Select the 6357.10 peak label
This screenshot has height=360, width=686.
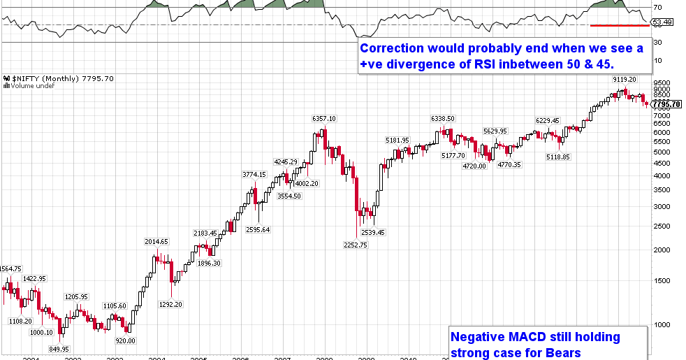tap(326, 119)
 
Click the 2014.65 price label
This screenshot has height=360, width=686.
tap(156, 242)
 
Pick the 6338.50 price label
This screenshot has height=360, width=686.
tap(443, 119)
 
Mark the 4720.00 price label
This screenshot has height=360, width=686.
tap(474, 166)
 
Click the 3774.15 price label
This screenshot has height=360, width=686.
tap(254, 174)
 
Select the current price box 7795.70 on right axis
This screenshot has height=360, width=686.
tap(666, 104)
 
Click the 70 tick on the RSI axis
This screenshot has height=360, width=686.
tap(657, 8)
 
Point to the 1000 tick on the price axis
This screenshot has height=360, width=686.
tap(661, 324)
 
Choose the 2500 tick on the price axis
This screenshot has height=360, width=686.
tap(661, 226)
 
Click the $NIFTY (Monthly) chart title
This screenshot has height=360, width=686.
tap(49, 78)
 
